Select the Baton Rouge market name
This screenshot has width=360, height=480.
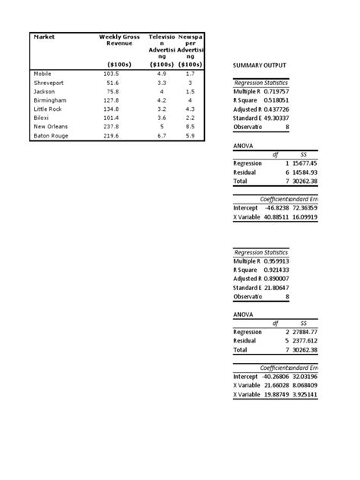click(x=51, y=136)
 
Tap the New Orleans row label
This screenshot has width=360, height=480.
click(x=51, y=127)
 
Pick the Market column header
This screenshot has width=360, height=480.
click(x=45, y=36)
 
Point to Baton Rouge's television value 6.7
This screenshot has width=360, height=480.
click(x=161, y=136)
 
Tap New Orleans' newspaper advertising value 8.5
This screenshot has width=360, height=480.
click(x=190, y=127)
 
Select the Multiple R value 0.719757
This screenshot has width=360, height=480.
click(x=276, y=91)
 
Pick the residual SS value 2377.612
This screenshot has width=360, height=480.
click(x=303, y=341)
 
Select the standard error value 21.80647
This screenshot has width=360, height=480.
click(x=276, y=288)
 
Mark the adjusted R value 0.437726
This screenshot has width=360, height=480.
click(x=276, y=109)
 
